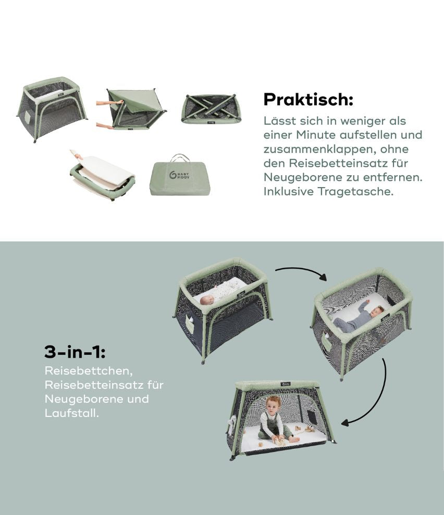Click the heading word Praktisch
click(x=308, y=99)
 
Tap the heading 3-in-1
click(x=75, y=352)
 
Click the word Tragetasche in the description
click(x=355, y=191)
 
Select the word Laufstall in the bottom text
click(x=71, y=413)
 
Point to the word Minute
click(x=316, y=134)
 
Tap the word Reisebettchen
click(x=89, y=371)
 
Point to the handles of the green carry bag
click(x=180, y=157)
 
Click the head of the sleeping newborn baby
click(x=207, y=299)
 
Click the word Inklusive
click(x=289, y=191)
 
